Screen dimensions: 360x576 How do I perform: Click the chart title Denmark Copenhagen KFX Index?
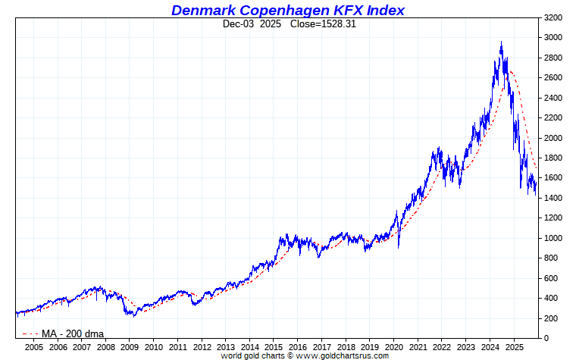point(287,11)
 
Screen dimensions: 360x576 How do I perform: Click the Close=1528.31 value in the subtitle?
point(323,24)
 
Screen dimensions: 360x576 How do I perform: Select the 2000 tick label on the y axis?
point(553,138)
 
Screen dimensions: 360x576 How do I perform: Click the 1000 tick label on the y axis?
point(553,238)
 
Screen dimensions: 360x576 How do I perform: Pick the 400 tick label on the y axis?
point(551,299)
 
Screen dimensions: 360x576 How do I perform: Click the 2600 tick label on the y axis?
point(553,78)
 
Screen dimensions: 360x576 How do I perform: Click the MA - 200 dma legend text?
point(72,333)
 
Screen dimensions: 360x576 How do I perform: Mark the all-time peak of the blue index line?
point(501,42)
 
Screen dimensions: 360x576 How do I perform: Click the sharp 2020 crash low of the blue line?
point(399,247)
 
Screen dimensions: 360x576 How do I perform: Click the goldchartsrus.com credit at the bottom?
point(303,355)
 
